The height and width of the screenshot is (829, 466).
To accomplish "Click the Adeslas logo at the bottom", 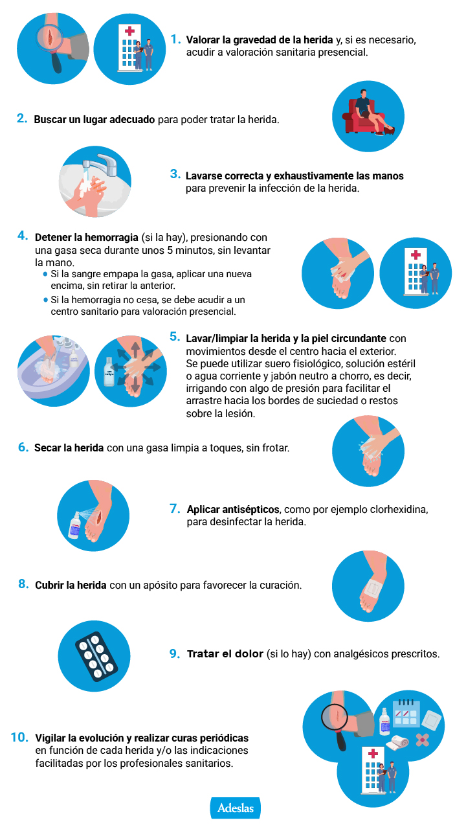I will coord(235,808).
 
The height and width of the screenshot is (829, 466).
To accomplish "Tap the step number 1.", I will coord(175,39).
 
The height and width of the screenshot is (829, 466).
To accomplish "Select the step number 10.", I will coord(19,737).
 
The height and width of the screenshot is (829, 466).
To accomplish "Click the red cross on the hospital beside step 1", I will coord(130,30).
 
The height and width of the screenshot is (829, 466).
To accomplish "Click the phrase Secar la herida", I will coord(69,448).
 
